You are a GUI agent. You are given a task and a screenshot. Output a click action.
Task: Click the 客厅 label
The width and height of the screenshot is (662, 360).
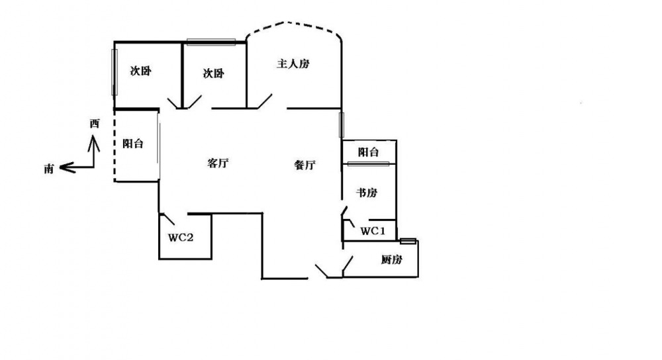coord(218,163)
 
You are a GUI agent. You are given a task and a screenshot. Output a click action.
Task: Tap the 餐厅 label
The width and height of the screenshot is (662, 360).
coord(305,165)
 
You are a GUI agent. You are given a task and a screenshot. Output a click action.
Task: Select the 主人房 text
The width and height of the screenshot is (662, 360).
coord(293,64)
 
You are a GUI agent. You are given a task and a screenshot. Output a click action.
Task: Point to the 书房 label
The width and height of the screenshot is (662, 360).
coord(367,193)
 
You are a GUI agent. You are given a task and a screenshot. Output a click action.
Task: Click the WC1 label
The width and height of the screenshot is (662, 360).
coord(373,231)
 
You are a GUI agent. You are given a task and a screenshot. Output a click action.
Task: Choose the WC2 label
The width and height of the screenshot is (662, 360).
coord(181,237)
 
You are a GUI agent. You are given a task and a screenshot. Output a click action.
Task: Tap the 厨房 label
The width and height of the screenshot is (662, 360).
coord(391,259)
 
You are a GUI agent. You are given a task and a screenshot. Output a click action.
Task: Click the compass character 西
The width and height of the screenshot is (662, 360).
coord(95,124)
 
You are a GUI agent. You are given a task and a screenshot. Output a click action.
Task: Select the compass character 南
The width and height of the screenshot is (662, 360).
coord(49,169)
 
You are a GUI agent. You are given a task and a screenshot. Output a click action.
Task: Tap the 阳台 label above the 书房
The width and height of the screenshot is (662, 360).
coord(369,152)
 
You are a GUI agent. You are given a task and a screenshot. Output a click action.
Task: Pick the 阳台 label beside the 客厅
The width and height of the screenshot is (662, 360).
coord(133,144)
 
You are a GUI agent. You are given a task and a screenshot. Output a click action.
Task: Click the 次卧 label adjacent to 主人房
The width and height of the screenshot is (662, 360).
coord(213,73)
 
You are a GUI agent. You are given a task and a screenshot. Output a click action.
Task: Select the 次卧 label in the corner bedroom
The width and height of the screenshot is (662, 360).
coord(140,71)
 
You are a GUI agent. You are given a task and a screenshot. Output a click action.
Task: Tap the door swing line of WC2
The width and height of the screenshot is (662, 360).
coord(169,219)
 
